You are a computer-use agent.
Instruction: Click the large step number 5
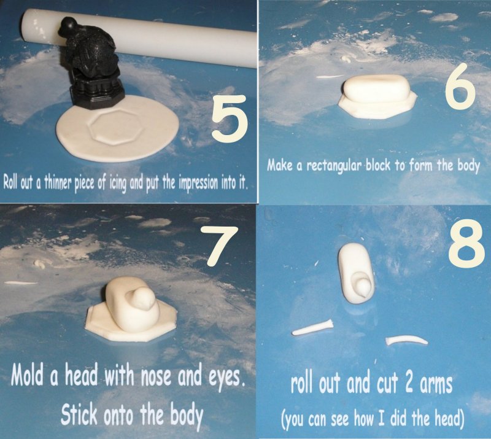pos(230,117)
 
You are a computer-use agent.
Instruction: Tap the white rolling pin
pos(139,36)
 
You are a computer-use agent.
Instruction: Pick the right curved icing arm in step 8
pos(407,340)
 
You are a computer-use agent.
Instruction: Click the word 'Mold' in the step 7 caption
pos(28,375)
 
